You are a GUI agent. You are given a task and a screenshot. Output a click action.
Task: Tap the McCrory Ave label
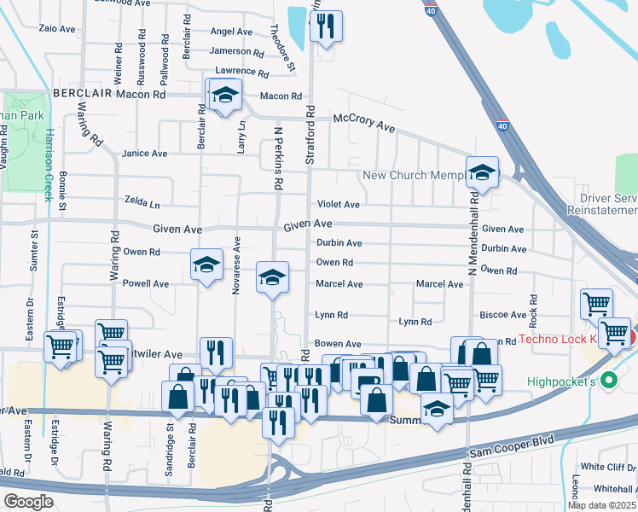point(364,122)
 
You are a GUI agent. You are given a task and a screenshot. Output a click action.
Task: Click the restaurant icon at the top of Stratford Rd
point(325,27)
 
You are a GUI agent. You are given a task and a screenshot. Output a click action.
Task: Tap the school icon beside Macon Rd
point(225,96)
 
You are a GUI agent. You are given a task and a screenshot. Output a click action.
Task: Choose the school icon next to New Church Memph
point(482,172)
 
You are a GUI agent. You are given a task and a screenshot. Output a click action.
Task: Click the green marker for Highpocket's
point(608,380)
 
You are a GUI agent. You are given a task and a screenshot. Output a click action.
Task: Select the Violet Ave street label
point(339,205)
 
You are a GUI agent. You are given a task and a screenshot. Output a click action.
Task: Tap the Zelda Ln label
point(142,205)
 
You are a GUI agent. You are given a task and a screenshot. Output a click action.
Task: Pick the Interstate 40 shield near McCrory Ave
point(502,125)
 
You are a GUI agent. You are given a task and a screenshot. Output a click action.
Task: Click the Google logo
point(28,502)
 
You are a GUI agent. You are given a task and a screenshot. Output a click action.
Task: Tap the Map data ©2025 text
point(601,505)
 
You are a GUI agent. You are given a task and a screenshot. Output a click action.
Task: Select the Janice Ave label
point(145,154)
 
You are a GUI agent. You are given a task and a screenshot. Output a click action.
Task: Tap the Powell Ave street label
point(146,283)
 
